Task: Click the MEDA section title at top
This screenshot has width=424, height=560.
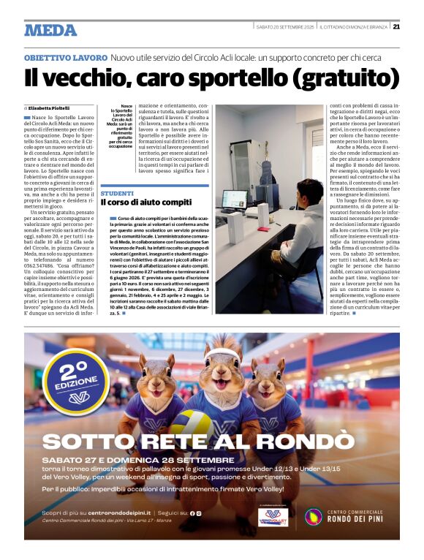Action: pos(50,30)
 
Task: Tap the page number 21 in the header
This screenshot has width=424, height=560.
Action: pos(396,27)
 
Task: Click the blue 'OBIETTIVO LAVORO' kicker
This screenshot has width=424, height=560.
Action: pos(66,57)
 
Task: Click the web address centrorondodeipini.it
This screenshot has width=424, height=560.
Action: pos(110,514)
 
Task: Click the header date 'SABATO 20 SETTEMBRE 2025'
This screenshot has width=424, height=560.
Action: pos(285,27)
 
